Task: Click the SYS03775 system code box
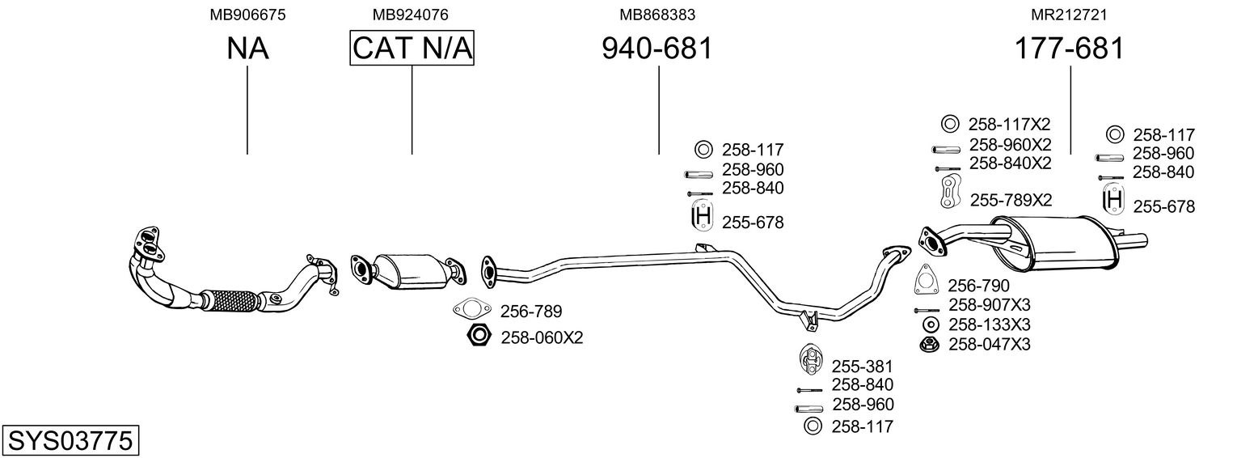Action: click(x=70, y=439)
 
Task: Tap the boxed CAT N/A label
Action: click(x=412, y=48)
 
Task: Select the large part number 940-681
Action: click(x=657, y=49)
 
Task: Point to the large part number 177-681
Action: click(x=1069, y=49)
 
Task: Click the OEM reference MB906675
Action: click(x=247, y=15)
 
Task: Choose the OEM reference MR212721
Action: click(x=1069, y=15)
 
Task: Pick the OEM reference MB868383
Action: click(x=657, y=15)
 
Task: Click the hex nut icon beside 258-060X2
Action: click(x=479, y=335)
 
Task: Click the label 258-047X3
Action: click(x=989, y=344)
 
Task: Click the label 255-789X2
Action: click(x=1011, y=200)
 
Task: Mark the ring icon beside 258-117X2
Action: click(x=950, y=124)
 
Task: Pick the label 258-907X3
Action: click(x=989, y=304)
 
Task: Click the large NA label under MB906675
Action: click(x=247, y=49)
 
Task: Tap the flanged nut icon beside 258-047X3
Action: click(x=930, y=345)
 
